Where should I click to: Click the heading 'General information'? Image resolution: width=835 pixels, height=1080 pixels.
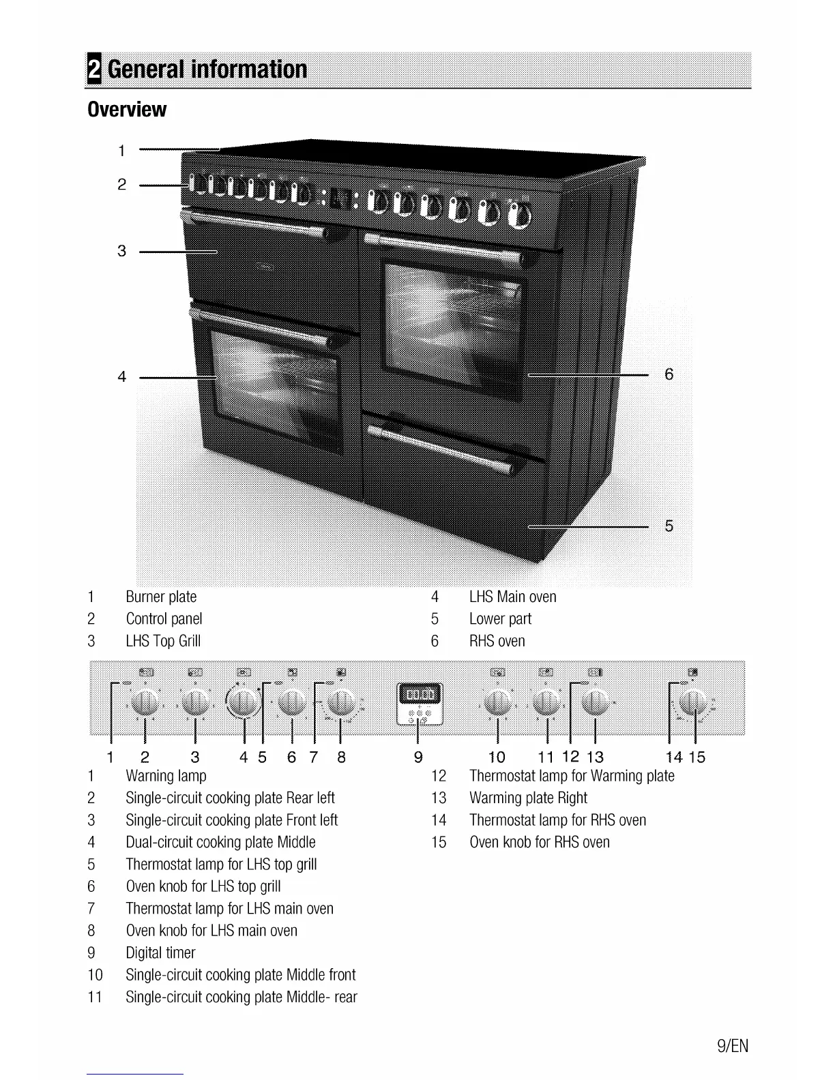click(x=207, y=70)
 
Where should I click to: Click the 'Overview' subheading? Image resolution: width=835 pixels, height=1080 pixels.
click(x=127, y=109)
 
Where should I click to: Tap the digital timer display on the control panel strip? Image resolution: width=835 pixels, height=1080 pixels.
click(x=420, y=695)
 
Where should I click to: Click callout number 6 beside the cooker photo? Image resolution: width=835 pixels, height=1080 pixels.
click(x=669, y=374)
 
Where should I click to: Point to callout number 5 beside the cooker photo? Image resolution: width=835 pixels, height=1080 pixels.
click(x=669, y=526)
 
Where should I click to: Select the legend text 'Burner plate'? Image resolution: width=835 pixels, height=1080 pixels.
click(x=161, y=597)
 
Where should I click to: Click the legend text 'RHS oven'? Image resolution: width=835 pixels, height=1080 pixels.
click(x=497, y=642)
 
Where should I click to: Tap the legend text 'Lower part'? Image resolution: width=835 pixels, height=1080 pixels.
click(x=500, y=619)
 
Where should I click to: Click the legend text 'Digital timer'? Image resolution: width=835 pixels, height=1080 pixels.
click(x=160, y=953)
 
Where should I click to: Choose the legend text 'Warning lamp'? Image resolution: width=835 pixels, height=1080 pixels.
click(x=166, y=776)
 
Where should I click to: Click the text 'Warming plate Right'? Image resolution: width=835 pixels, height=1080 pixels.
click(x=528, y=798)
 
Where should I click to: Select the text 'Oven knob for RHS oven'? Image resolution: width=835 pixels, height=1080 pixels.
click(x=539, y=843)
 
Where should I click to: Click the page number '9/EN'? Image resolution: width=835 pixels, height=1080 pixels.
click(x=733, y=1046)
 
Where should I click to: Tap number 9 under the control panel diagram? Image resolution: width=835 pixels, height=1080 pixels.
click(x=418, y=757)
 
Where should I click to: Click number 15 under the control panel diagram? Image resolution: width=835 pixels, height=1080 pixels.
click(x=697, y=757)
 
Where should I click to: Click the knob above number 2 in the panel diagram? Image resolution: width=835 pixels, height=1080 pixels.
click(x=145, y=702)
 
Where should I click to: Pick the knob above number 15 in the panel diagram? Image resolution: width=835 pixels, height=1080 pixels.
click(x=694, y=702)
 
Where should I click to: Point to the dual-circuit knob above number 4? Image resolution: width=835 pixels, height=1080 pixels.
click(x=244, y=702)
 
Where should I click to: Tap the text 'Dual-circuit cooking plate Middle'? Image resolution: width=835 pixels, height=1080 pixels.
click(x=220, y=843)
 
